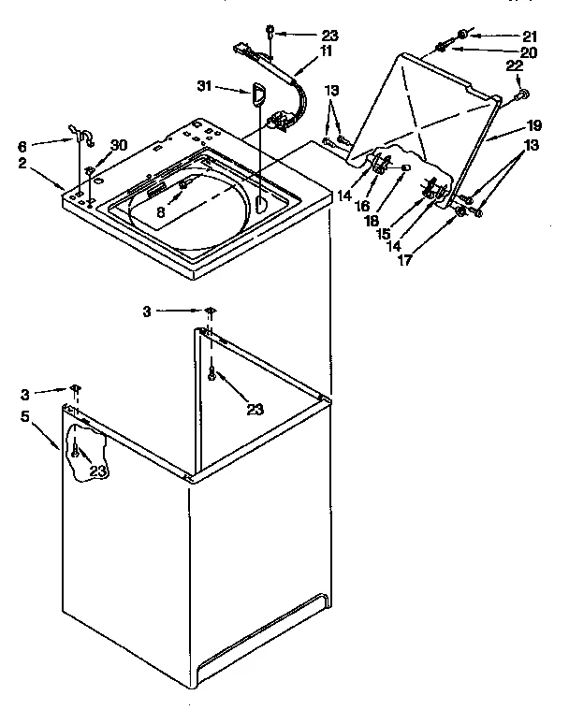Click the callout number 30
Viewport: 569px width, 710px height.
click(x=118, y=145)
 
